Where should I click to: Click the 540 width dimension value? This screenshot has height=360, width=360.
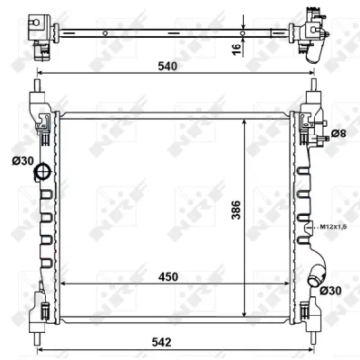point(166,66)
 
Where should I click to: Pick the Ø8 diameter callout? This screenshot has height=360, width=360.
point(338,134)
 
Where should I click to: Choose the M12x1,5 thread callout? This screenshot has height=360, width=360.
point(333,226)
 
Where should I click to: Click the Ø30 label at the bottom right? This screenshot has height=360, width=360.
point(330,290)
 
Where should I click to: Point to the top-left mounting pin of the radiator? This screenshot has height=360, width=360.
point(39,87)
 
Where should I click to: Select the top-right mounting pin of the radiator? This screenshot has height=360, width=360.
point(310,87)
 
